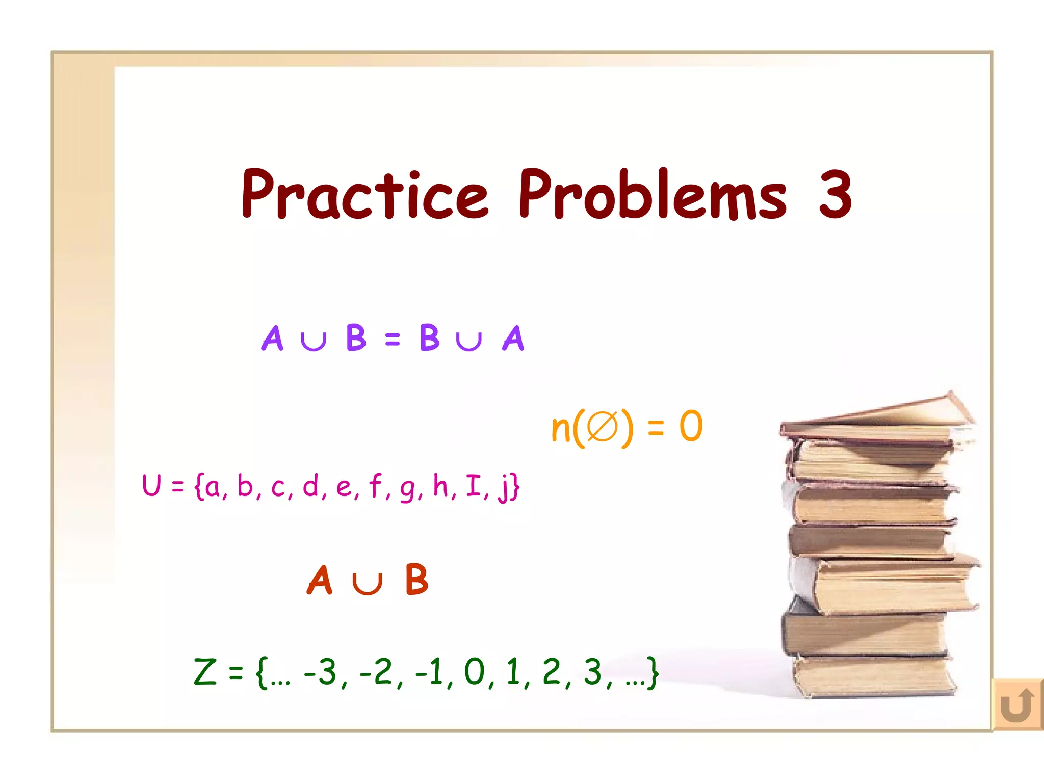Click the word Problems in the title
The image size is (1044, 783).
click(x=653, y=195)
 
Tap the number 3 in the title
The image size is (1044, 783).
click(x=835, y=194)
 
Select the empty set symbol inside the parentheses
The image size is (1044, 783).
click(x=602, y=427)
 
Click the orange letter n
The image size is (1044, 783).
click(x=561, y=428)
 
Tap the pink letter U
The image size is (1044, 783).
click(x=152, y=485)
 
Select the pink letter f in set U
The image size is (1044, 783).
click(x=376, y=485)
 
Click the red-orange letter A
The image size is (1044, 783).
click(x=320, y=580)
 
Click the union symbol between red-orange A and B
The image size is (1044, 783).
click(x=367, y=584)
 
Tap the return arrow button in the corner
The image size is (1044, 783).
click(x=1017, y=705)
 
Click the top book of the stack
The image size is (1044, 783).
click(x=877, y=415)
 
